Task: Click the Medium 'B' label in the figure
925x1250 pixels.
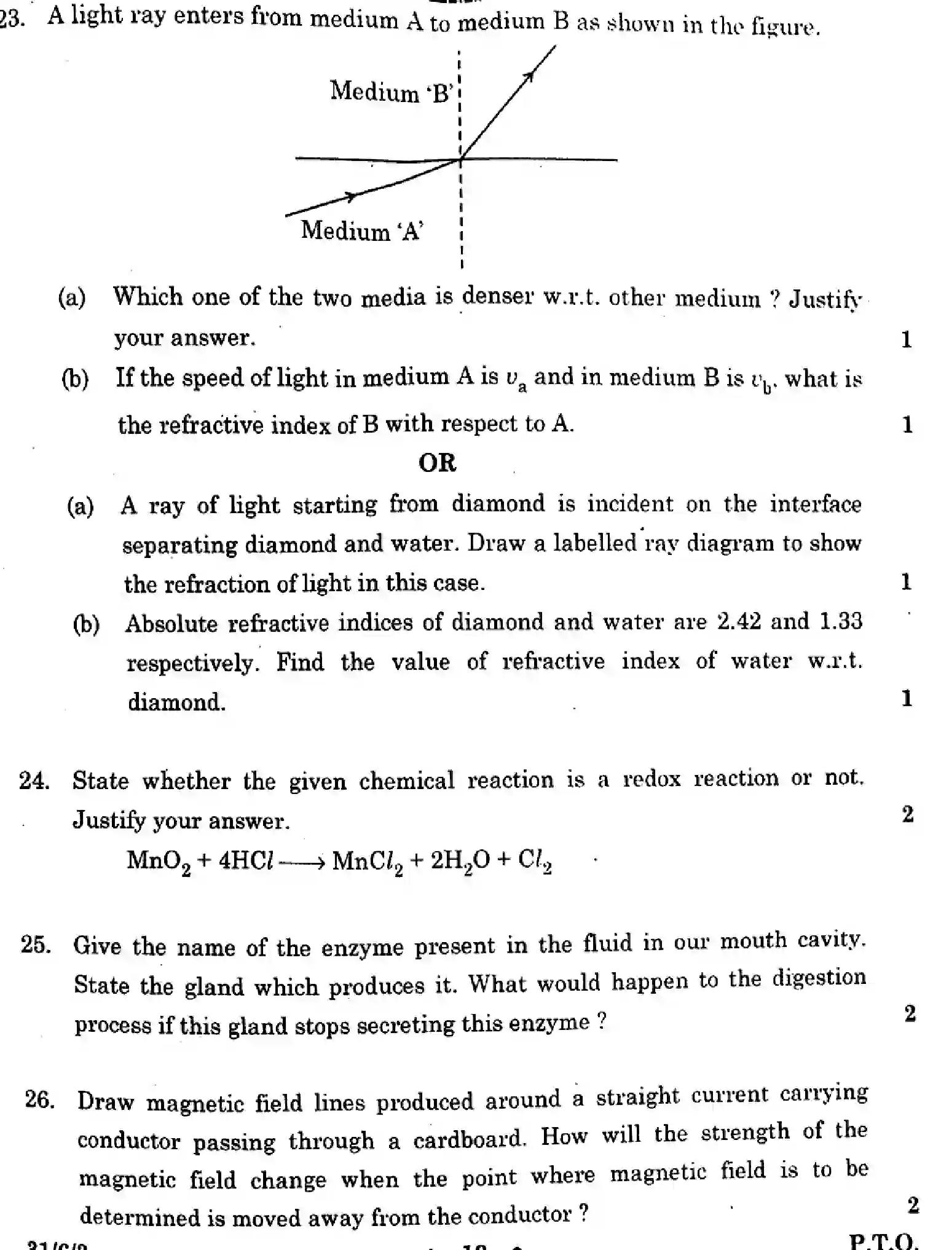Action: tap(392, 92)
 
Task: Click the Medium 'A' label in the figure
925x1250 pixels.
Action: tap(361, 231)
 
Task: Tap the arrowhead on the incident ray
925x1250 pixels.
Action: tap(350, 197)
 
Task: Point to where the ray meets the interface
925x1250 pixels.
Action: tap(460, 160)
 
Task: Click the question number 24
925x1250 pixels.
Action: tap(34, 780)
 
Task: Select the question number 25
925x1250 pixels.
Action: tap(36, 945)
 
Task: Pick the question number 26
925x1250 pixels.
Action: tap(39, 1099)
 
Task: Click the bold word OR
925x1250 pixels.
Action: tap(437, 463)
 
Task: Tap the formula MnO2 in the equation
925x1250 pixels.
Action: tap(159, 861)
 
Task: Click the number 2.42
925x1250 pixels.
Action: tap(739, 621)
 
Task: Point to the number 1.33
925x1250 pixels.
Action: tap(840, 621)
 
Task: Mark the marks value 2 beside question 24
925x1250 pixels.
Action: tap(908, 814)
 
